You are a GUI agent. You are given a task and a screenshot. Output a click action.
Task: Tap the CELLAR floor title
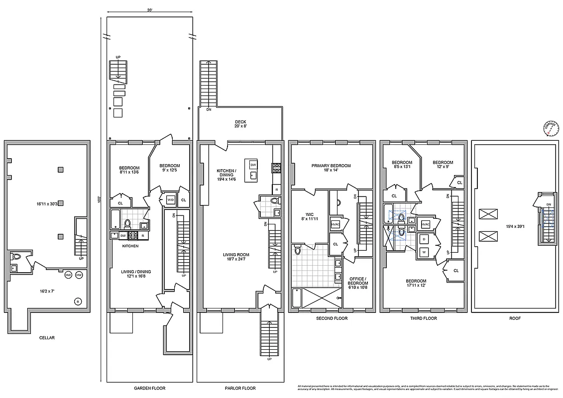pyautogui.click(x=47, y=338)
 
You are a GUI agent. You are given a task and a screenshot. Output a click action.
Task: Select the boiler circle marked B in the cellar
pyautogui.click(x=77, y=300)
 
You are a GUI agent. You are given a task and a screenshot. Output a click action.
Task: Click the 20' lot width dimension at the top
pyautogui.click(x=149, y=10)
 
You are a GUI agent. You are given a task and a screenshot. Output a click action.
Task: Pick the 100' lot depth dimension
pyautogui.click(x=100, y=199)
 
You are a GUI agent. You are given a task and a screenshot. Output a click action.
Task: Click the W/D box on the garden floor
pyautogui.click(x=170, y=200)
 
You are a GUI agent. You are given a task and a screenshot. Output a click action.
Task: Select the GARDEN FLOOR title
pyautogui.click(x=150, y=388)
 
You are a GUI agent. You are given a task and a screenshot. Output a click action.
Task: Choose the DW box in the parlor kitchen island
pyautogui.click(x=253, y=165)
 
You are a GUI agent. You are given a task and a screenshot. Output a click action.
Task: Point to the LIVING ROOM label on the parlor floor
pyautogui.click(x=236, y=257)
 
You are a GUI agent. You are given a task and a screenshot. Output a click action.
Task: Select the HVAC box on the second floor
pyautogui.click(x=335, y=225)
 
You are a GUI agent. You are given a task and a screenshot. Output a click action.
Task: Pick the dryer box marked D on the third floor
pyautogui.click(x=424, y=239)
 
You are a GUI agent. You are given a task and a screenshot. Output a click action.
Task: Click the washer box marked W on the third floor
pyautogui.click(x=424, y=252)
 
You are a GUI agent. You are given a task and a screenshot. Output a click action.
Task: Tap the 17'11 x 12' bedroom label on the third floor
pyautogui.click(x=416, y=283)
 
